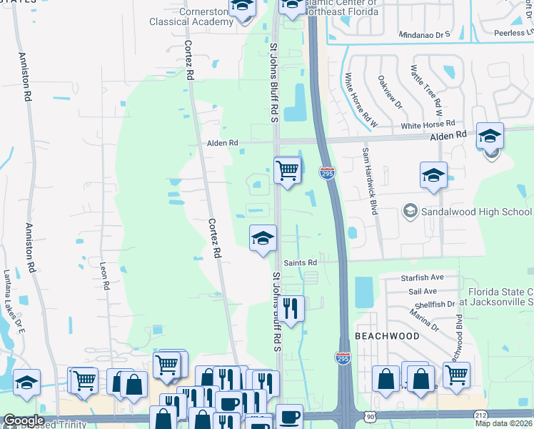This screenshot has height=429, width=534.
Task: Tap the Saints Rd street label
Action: click(300, 262)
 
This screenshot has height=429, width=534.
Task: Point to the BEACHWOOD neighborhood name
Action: click(386, 335)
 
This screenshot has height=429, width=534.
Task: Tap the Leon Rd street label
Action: click(105, 275)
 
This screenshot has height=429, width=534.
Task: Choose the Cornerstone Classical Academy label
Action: click(191, 16)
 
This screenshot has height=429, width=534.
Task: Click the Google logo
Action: click(24, 420)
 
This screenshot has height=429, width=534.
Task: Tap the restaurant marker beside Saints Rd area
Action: click(291, 308)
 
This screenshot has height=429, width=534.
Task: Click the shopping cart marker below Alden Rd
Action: click(287, 170)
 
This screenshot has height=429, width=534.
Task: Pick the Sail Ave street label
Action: click(421, 291)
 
